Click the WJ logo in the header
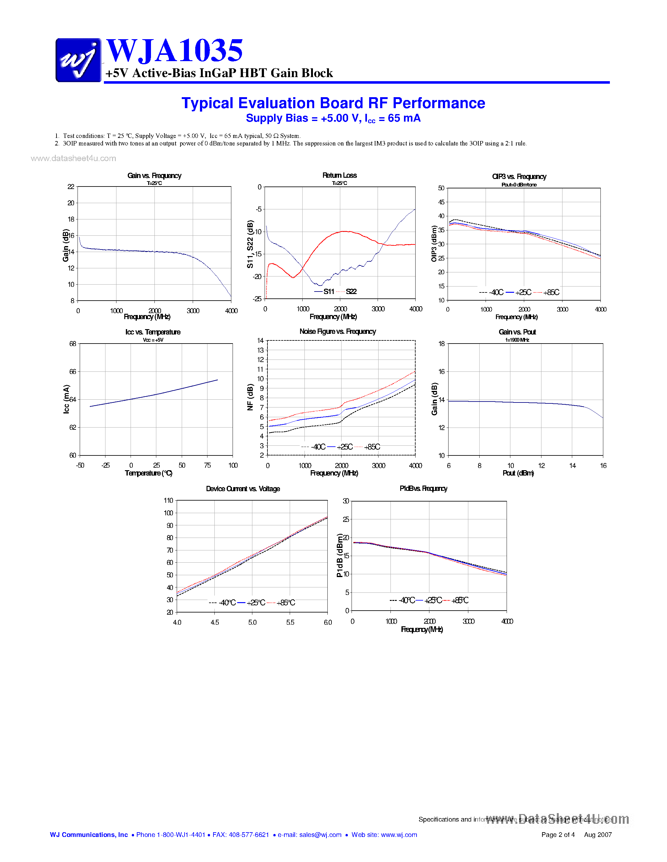[x=78, y=60]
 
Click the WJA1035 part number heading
[x=174, y=50]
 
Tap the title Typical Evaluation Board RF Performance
[x=333, y=103]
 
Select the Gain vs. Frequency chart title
[x=154, y=176]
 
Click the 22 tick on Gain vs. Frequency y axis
[x=71, y=187]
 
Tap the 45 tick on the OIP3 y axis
[x=441, y=202]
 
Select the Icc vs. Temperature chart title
[x=153, y=332]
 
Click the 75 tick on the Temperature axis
[x=207, y=465]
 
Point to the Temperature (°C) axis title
[x=148, y=473]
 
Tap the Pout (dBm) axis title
[x=518, y=473]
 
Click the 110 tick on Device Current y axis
[x=168, y=501]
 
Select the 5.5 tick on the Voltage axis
[x=290, y=623]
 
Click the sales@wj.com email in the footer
[x=320, y=835]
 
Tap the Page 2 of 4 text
[x=557, y=835]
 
